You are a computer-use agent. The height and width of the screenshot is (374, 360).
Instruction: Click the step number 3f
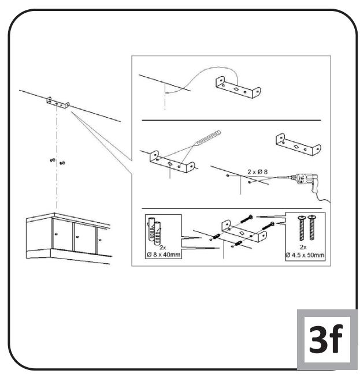pos(326,339)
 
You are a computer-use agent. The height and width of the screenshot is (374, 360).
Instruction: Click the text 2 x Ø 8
pos(258,172)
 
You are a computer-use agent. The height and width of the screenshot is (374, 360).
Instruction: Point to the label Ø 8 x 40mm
pos(164,255)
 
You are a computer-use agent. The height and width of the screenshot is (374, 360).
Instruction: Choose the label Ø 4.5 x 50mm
pos(305,255)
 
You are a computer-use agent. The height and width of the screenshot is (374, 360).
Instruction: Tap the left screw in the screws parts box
pos(302,228)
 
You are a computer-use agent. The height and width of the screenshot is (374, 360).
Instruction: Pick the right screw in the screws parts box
pos(312,228)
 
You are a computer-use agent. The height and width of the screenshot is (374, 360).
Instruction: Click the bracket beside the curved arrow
pos(238,87)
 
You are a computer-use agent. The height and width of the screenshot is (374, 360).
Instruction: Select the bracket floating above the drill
pos(298,145)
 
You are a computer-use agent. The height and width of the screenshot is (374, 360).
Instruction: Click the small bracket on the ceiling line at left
pos(58,103)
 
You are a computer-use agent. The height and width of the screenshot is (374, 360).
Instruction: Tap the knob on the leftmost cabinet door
pos(56,234)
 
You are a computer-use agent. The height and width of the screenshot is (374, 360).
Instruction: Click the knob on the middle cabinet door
pos(77,237)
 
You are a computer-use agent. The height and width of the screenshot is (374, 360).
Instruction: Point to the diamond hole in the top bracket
pos(236,89)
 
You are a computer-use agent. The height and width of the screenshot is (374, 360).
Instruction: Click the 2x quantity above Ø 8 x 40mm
pos(163,248)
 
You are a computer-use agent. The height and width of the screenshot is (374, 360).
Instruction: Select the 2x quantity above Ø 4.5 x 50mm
pos(303,247)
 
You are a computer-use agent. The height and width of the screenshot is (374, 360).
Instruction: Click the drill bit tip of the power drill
pos(277,177)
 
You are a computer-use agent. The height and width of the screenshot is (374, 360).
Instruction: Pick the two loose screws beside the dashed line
pos(58,161)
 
